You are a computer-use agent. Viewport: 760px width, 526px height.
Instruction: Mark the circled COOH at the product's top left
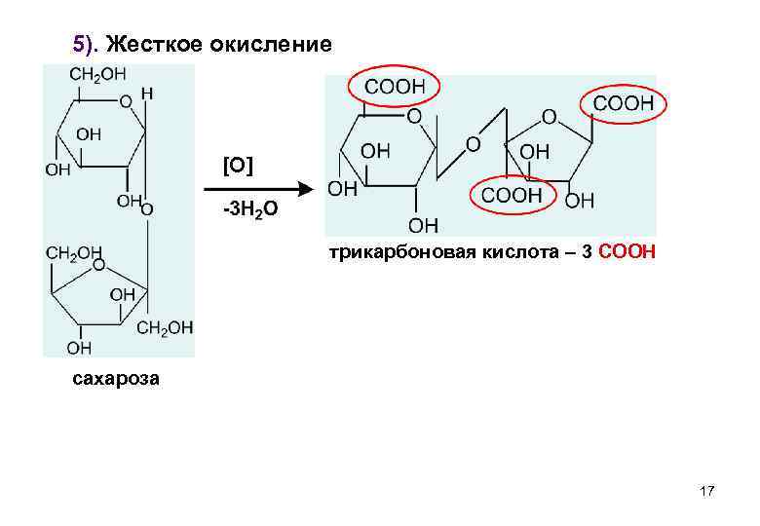[x=395, y=87]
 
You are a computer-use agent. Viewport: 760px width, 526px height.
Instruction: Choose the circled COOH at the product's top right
[x=623, y=102]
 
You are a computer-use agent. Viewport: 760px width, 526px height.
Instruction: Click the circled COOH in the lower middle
[x=512, y=195]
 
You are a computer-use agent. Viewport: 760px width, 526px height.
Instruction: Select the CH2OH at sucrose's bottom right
[x=165, y=328]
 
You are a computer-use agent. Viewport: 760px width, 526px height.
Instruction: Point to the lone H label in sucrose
[x=147, y=94]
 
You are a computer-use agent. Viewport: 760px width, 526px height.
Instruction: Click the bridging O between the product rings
[x=473, y=144]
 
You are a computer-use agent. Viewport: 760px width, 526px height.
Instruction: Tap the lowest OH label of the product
[x=423, y=226]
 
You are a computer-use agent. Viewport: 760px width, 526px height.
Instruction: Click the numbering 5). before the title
[x=87, y=45]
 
